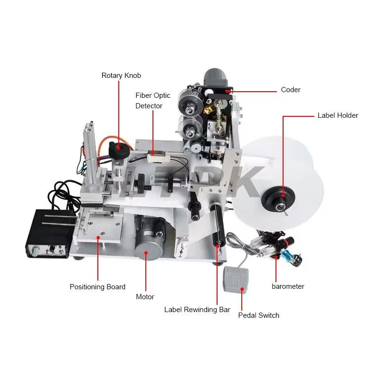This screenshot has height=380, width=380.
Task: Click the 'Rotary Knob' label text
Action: click(121, 76)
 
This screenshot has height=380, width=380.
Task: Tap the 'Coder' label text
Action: click(290, 90)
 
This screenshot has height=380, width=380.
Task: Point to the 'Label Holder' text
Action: click(338, 115)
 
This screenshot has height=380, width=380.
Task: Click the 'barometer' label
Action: click(288, 286)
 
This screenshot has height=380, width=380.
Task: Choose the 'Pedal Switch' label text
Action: click(258, 315)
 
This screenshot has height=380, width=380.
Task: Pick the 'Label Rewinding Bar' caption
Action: click(197, 310)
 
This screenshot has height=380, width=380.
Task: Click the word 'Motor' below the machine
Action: click(145, 297)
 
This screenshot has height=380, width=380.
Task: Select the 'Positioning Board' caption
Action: click(97, 287)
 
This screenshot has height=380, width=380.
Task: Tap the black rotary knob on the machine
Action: click(117, 151)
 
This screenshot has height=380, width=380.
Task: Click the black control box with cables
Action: click(50, 233)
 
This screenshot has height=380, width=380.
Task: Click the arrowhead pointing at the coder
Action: click(229, 90)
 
